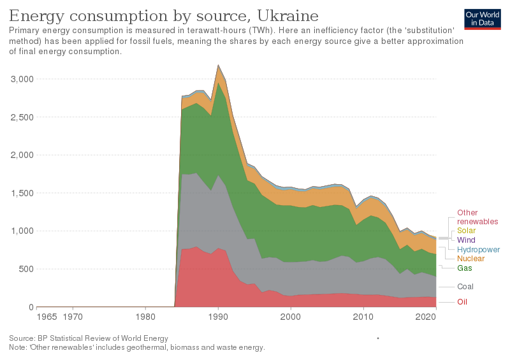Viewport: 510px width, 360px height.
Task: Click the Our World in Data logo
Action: tap(482, 18)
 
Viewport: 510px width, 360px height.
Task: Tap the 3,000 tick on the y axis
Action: tap(22, 79)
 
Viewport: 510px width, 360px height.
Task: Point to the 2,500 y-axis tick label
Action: tap(22, 117)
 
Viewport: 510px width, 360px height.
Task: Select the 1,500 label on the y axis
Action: tap(22, 193)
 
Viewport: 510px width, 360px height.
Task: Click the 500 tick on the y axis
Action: tap(26, 269)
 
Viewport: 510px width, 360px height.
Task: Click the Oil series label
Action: tap(462, 301)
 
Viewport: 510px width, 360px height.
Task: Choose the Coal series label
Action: tap(465, 287)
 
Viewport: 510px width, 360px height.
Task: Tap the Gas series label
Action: tap(465, 269)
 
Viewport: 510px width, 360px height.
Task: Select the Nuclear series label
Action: tap(470, 259)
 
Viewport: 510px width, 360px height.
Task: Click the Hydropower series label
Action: tap(479, 250)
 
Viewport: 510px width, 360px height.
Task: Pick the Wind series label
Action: tap(466, 240)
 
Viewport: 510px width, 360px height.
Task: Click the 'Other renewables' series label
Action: tap(477, 217)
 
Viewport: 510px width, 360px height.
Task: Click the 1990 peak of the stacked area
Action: tap(219, 65)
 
